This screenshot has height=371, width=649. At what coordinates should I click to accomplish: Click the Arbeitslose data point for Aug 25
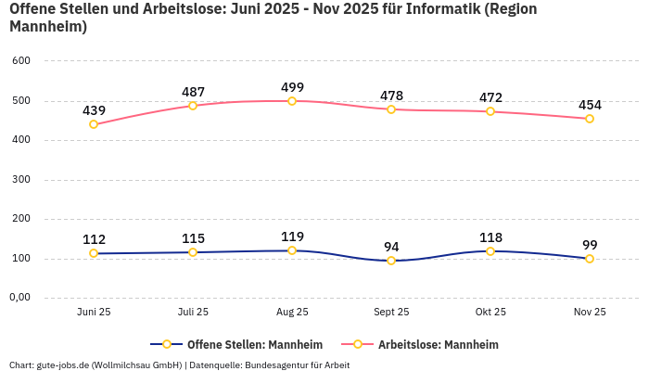292,101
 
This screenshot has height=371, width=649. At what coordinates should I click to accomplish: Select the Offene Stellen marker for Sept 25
391,261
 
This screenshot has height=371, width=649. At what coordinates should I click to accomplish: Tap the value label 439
94,110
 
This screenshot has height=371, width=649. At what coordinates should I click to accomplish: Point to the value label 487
193,92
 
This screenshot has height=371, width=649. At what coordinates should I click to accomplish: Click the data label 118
490,237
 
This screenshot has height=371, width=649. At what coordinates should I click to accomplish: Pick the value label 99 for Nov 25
590,245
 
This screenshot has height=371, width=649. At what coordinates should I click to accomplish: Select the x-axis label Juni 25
94,313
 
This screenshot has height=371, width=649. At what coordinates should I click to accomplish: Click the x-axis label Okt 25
490,313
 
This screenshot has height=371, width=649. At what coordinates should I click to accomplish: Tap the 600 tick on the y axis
21,61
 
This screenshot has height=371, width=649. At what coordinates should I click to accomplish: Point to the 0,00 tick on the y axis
19,298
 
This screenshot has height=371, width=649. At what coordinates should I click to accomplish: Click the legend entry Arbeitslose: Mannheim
438,345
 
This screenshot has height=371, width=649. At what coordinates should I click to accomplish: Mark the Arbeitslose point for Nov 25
590,119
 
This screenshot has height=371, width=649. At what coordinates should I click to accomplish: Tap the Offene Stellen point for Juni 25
94,253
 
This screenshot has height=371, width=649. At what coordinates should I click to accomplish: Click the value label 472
490,97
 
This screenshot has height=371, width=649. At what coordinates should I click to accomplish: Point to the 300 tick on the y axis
21,180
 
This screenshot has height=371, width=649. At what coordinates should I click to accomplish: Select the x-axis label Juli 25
193,313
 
